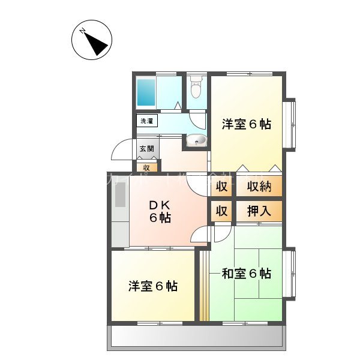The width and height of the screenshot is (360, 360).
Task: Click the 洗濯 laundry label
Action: click(147, 121)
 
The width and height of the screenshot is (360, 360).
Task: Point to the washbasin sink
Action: click(196, 140)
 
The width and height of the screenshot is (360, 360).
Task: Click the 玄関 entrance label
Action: click(147, 148)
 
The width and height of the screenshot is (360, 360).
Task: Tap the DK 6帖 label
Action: click(160, 211)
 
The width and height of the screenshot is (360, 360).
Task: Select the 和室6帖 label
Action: click(246, 274)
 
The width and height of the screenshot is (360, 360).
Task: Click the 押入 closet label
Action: click(259, 211)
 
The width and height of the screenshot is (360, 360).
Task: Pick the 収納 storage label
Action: click(259, 187)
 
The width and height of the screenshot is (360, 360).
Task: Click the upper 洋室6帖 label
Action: click(246, 124)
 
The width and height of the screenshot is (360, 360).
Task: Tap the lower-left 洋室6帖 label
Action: click(152, 286)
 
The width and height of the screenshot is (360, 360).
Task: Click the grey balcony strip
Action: click(196, 337)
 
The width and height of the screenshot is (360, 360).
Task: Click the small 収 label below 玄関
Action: click(146, 167)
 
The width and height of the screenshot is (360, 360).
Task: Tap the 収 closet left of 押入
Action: click(221, 211)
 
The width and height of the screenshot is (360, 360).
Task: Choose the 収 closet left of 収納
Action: click(221, 187)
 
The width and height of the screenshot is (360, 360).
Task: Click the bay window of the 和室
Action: click(290, 274)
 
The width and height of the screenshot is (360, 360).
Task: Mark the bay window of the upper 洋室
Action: click(290, 124)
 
